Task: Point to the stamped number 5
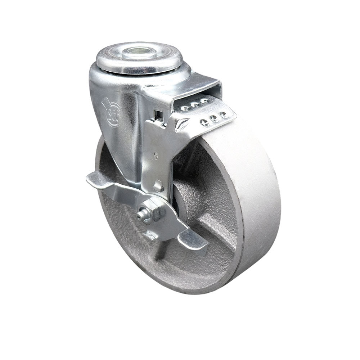[156, 156]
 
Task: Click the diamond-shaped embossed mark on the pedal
[182, 125]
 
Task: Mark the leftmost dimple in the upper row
[186, 108]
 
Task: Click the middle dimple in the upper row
[195, 104]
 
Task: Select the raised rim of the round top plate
[108, 61]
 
